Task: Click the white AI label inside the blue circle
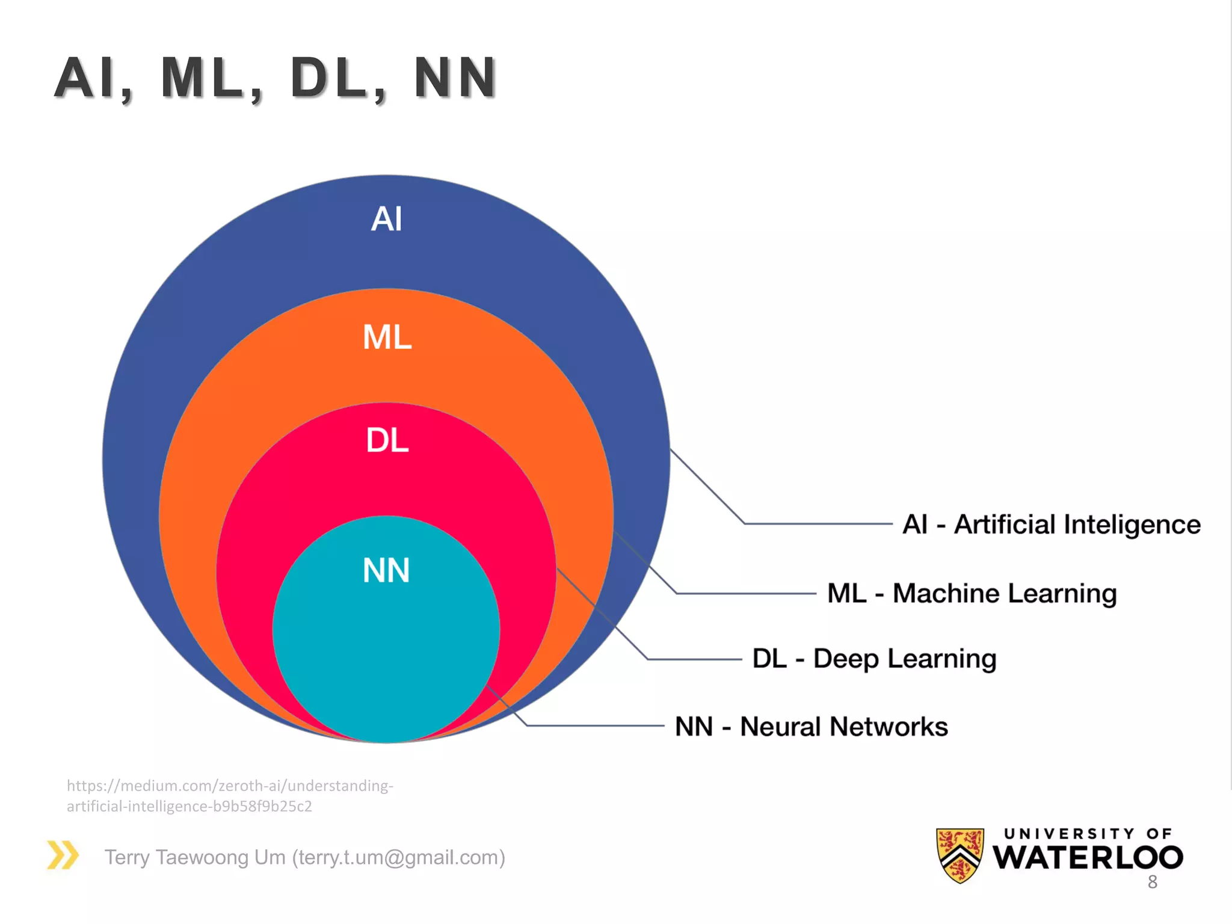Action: click(386, 219)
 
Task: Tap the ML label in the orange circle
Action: click(387, 337)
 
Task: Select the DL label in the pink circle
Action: click(387, 440)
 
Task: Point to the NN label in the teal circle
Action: click(386, 570)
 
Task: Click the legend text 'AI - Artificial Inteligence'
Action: click(1051, 525)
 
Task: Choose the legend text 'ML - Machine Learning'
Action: click(972, 594)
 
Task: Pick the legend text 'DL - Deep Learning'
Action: click(874, 659)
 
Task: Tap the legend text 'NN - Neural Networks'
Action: click(811, 727)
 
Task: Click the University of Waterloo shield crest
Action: click(960, 854)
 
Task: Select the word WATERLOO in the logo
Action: click(1088, 858)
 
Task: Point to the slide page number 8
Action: click(1152, 882)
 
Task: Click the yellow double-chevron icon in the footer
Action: click(63, 855)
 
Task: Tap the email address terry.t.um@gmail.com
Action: click(398, 857)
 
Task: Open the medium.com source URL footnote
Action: click(230, 795)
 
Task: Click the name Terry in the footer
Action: click(127, 857)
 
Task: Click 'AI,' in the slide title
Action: click(93, 78)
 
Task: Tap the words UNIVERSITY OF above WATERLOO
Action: click(1088, 833)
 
